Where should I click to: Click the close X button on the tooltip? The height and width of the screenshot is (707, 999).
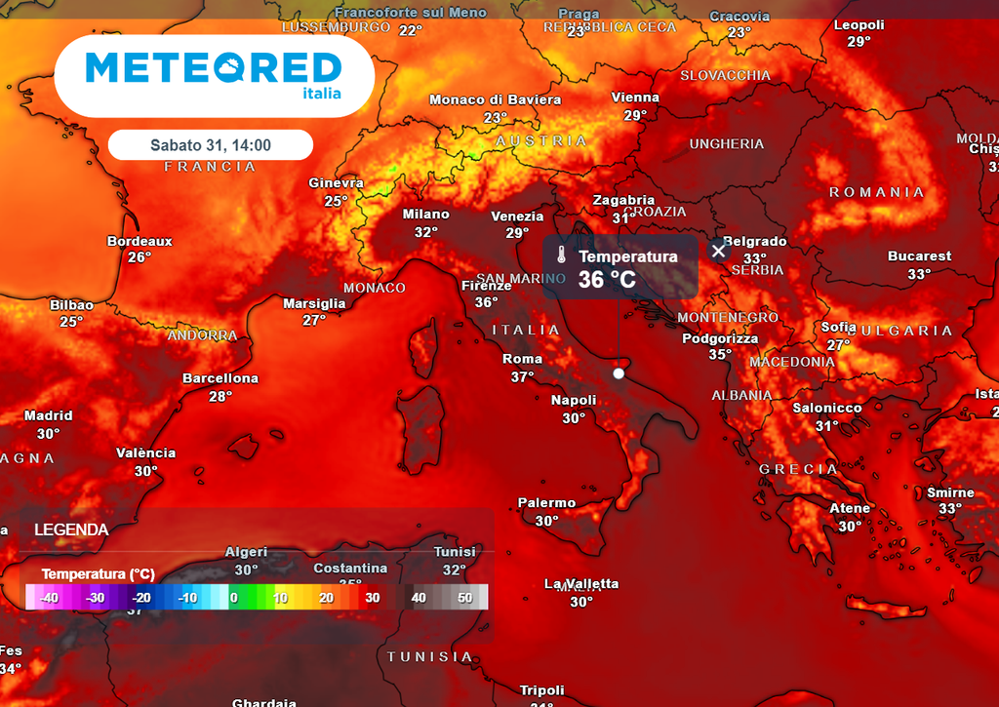(x=719, y=251)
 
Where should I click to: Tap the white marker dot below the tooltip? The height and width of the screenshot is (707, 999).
(x=619, y=373)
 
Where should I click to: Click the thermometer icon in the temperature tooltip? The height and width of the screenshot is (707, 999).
(x=561, y=256)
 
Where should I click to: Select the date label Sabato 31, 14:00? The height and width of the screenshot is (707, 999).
(x=211, y=145)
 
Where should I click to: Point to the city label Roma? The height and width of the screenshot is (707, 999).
(x=522, y=359)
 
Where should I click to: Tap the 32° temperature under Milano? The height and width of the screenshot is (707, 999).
(x=426, y=232)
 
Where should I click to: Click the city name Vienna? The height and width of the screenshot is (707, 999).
(x=635, y=98)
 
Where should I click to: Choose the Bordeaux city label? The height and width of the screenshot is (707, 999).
(x=140, y=241)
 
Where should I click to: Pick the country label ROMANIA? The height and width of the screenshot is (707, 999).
(x=876, y=192)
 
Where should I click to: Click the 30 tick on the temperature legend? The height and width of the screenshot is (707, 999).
(x=372, y=598)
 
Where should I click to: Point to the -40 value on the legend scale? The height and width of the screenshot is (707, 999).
(x=49, y=598)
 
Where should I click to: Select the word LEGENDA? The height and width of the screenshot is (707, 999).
(x=71, y=530)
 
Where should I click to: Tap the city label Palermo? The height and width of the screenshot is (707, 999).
(x=546, y=503)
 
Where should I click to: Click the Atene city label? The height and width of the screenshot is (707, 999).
(x=850, y=508)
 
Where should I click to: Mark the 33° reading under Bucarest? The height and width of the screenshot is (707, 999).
(x=919, y=274)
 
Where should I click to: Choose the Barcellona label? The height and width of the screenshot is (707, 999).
(x=220, y=378)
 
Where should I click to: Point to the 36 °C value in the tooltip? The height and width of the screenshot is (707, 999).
(x=607, y=280)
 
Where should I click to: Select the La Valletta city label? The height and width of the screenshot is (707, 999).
(x=581, y=584)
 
